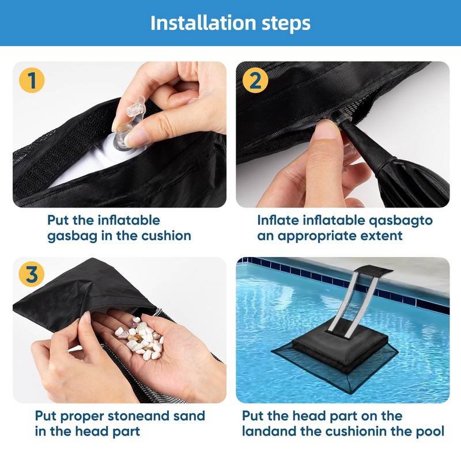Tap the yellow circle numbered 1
pyautogui.click(x=32, y=80)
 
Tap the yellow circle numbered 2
pyautogui.click(x=255, y=80)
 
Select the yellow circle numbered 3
pyautogui.click(x=32, y=274)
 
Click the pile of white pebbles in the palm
pyautogui.click(x=139, y=338)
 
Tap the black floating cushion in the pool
pyautogui.click(x=340, y=349)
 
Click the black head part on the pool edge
pyautogui.click(x=373, y=270)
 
